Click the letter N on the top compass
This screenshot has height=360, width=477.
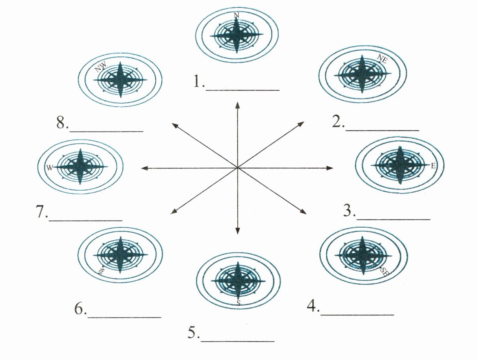pyautogui.click(x=236, y=15)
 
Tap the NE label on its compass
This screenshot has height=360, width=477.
pyautogui.click(x=382, y=59)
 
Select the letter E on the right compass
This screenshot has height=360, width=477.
pyautogui.click(x=433, y=166)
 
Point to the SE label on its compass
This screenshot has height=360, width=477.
pyautogui.click(x=385, y=271)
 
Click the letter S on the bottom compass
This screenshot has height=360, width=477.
pyautogui.click(x=238, y=302)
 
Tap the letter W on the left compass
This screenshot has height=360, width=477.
pyautogui.click(x=49, y=168)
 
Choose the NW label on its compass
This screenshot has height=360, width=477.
pyautogui.click(x=101, y=68)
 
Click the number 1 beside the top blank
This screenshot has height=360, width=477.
pyautogui.click(x=197, y=82)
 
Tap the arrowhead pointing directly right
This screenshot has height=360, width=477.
pyautogui.click(x=330, y=168)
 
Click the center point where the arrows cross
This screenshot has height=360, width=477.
pyautogui.click(x=237, y=168)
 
